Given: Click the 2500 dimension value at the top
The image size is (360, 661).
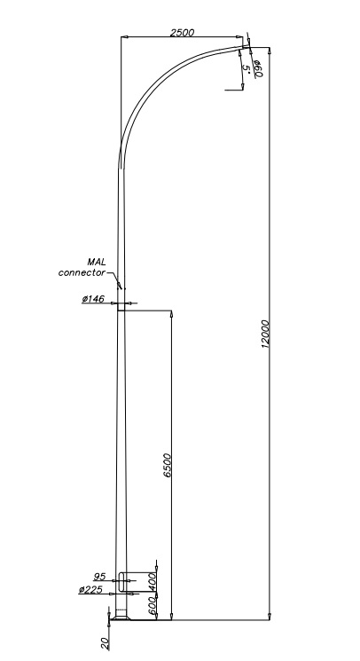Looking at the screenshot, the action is click(183, 33).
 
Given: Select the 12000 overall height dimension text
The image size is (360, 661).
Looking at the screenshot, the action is click(265, 334).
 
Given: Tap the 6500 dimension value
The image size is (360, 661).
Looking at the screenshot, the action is click(168, 466).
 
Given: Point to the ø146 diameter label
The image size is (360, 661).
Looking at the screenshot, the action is click(93, 299).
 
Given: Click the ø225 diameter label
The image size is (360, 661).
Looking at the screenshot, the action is click(90, 589).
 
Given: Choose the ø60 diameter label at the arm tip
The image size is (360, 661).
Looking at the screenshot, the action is click(258, 69).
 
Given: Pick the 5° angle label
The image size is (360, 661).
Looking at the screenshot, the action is click(247, 69).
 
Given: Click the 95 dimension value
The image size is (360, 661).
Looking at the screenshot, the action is click(99, 576).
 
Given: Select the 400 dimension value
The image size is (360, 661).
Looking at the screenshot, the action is click(152, 581).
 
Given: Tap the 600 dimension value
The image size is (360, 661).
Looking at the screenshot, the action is click(152, 605).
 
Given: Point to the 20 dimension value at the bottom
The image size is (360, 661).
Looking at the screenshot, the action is click(105, 643).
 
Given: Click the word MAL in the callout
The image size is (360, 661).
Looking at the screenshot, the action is click(97, 263).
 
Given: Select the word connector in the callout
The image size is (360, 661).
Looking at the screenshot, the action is click(82, 272).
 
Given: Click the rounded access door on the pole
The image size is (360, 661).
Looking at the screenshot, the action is click(122, 581).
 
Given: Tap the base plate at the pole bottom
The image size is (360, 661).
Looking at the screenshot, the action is click(121, 618).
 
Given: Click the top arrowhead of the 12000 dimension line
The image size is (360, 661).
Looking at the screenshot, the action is click(270, 51).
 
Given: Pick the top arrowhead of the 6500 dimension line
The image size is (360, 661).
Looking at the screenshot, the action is click(171, 314).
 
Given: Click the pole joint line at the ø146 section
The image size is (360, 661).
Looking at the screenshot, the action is click(121, 311).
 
